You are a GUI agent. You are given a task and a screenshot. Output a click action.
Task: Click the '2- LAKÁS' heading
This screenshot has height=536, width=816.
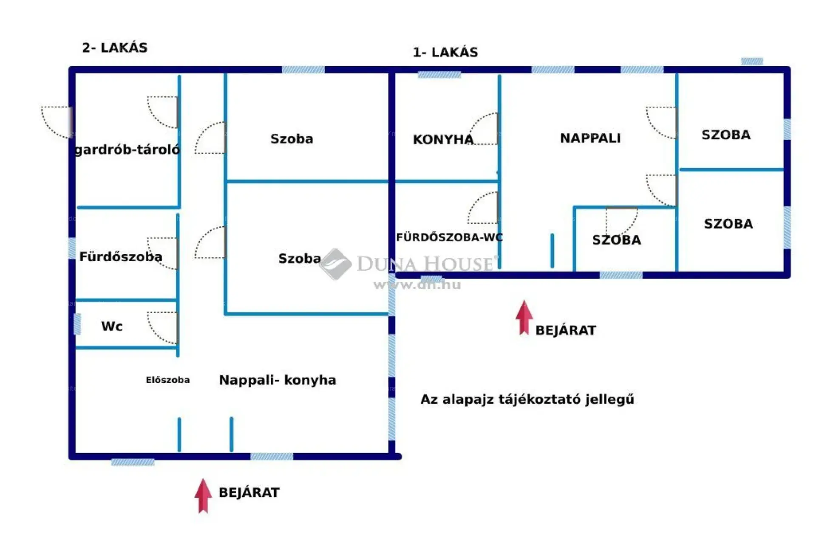(x=115, y=48)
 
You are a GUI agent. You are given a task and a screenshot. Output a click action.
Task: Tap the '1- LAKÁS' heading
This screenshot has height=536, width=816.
(x=445, y=52)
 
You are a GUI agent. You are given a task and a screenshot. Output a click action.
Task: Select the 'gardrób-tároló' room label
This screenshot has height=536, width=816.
(x=127, y=150)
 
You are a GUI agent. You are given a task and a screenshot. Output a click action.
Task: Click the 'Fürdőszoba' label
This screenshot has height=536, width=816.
(x=121, y=257)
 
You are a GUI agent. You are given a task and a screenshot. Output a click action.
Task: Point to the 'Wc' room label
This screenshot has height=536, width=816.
(x=112, y=326)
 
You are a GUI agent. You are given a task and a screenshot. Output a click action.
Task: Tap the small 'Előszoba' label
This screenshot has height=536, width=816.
(x=168, y=380)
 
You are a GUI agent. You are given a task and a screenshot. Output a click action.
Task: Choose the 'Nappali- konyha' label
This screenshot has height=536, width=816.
(x=278, y=380)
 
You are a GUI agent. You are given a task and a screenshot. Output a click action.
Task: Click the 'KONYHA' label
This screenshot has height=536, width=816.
(x=443, y=139)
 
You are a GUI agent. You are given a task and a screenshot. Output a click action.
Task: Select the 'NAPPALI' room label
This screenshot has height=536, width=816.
(x=590, y=138)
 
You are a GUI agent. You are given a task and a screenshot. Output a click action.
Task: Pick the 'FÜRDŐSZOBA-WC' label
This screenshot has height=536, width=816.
(x=449, y=237)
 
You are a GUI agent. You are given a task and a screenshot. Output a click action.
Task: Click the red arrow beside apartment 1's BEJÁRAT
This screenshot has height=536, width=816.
(x=524, y=318)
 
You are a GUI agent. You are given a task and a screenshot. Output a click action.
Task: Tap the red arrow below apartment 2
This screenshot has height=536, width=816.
(x=204, y=496)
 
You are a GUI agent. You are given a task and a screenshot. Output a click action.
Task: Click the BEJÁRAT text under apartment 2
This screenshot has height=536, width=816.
(x=249, y=493)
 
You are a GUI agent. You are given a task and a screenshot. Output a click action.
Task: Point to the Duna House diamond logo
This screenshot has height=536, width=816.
(x=335, y=264)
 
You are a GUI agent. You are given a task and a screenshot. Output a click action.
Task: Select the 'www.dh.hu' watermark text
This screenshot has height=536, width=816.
(x=417, y=285)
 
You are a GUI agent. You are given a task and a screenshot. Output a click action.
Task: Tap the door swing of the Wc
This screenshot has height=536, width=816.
(x=163, y=328)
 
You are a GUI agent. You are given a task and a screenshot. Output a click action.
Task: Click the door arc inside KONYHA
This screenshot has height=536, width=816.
(x=483, y=129)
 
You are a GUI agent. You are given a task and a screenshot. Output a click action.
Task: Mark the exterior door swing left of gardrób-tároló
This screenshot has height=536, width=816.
(x=57, y=122)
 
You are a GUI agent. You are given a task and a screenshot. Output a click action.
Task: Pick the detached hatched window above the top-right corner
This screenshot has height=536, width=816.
(x=752, y=62)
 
